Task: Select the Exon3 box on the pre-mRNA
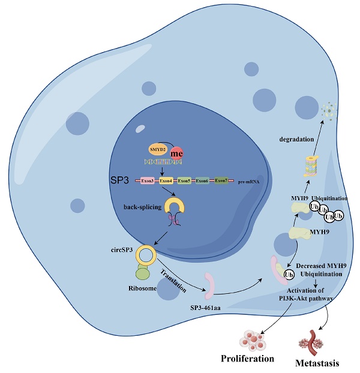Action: pyautogui.click(x=148, y=180)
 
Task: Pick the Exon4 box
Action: pyautogui.click(x=166, y=180)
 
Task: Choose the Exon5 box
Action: pyautogui.click(x=184, y=180)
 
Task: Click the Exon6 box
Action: pyautogui.click(x=203, y=180)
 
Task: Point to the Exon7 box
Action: pyautogui.click(x=221, y=180)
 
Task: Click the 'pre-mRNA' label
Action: pyautogui.click(x=248, y=181)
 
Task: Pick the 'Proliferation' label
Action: pyautogui.click(x=247, y=359)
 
